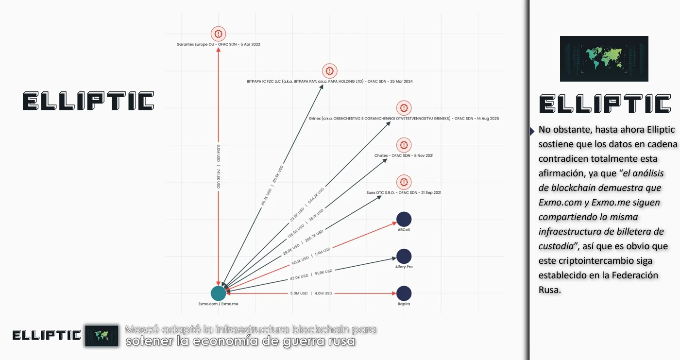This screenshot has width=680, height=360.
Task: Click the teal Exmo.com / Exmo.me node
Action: pyautogui.click(x=218, y=293)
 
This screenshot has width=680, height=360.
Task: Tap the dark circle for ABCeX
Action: pyautogui.click(x=404, y=219)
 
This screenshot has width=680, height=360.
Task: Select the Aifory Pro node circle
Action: pyautogui.click(x=404, y=256)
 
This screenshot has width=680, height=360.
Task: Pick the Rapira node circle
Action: pyautogui.click(x=404, y=293)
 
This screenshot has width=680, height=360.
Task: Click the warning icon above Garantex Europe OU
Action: pyautogui.click(x=219, y=34)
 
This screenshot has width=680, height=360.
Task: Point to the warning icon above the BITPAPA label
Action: pyautogui.click(x=329, y=71)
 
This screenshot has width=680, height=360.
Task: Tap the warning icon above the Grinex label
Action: pyautogui.click(x=404, y=108)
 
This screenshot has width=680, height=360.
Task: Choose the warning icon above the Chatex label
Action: pyautogui.click(x=404, y=145)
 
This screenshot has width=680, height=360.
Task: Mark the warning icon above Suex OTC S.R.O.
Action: pyautogui.click(x=404, y=182)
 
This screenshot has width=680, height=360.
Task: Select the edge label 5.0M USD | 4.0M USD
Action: pyautogui.click(x=311, y=293)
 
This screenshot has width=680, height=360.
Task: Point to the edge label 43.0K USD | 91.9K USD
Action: pyautogui.click(x=311, y=274)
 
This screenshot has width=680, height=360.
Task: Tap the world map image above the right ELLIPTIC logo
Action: pyautogui.click(x=604, y=58)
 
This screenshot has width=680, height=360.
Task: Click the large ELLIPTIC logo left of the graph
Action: pyautogui.click(x=88, y=101)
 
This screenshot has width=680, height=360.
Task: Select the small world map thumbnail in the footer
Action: pyautogui.click(x=102, y=335)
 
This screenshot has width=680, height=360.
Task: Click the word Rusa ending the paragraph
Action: pyautogui.click(x=549, y=290)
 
